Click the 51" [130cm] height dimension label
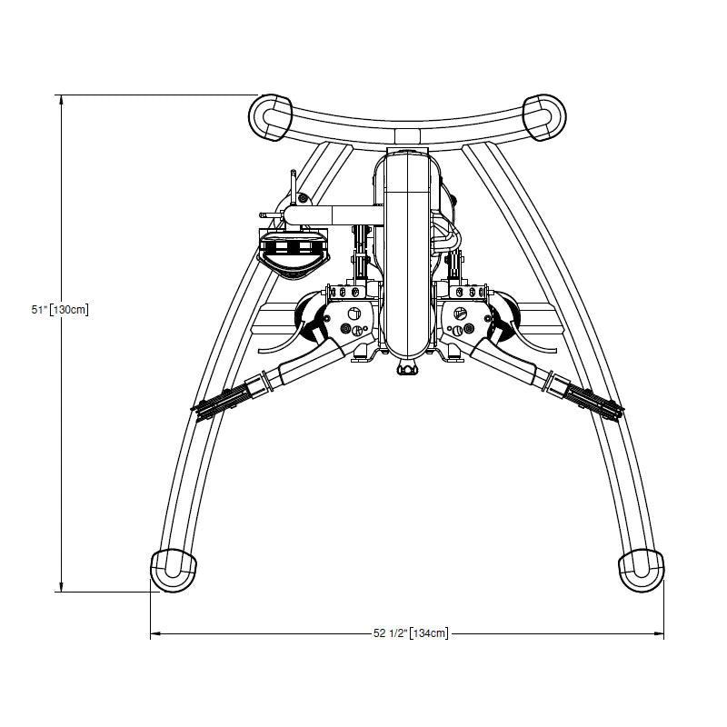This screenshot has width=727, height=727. click(60, 310)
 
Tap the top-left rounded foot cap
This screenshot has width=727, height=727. click(270, 117)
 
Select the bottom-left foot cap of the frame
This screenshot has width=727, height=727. click(173, 570)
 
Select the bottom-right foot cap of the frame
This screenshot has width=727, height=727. click(641, 570)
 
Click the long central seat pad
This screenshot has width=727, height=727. click(406, 254)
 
